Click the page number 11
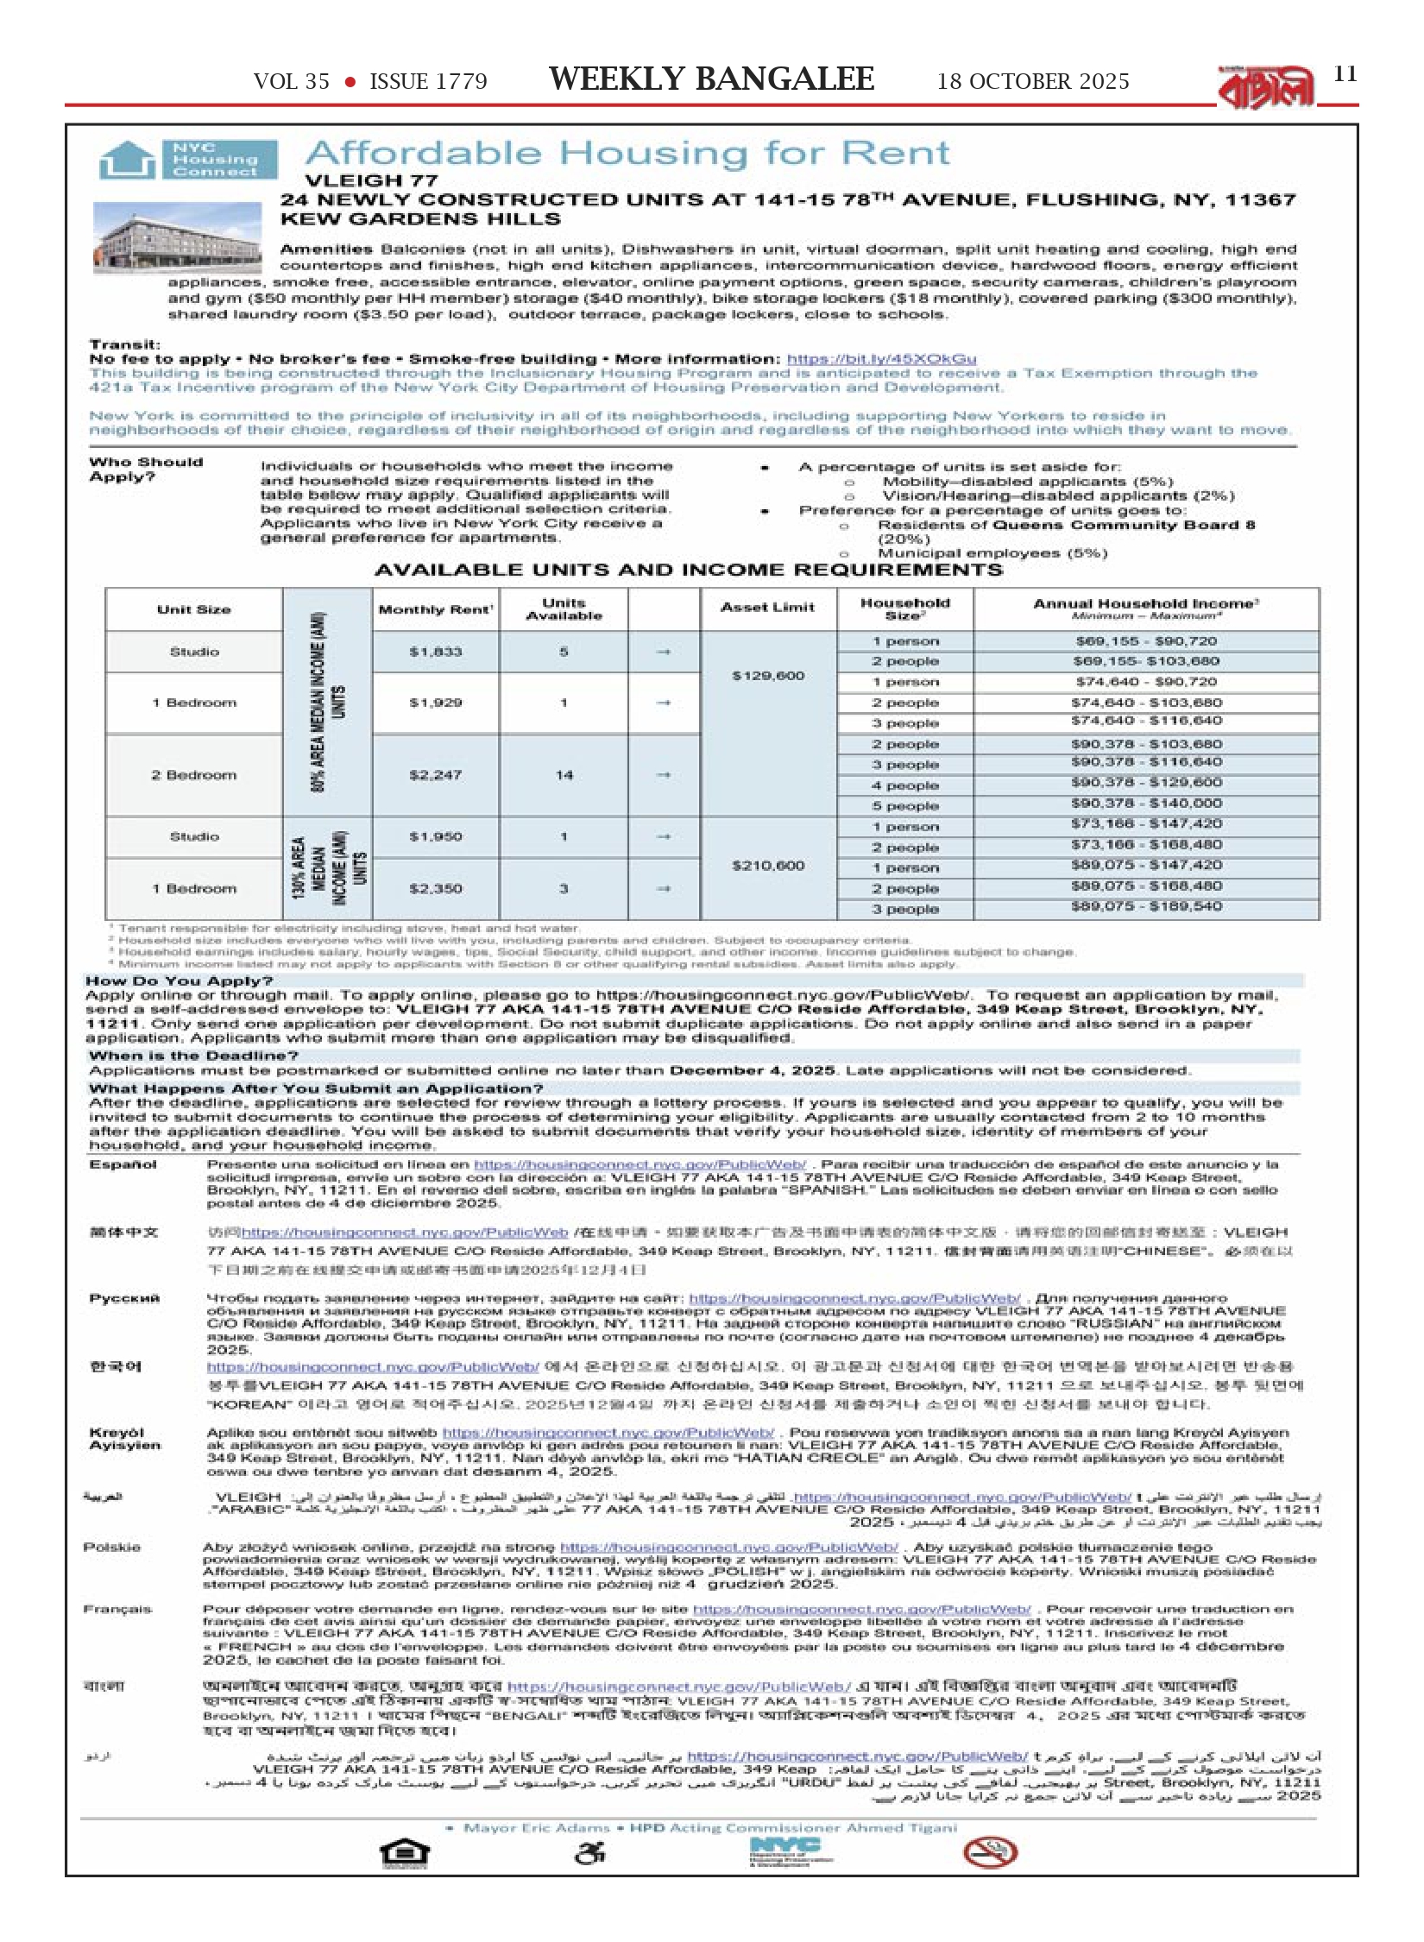click(1345, 74)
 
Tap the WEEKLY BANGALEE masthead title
click(711, 79)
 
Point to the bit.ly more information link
click(881, 359)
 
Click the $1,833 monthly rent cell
click(435, 653)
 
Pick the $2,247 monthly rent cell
click(435, 775)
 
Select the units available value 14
click(564, 775)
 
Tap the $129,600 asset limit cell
click(768, 676)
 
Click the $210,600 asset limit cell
click(768, 866)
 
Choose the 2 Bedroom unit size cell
click(193, 775)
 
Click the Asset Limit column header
click(767, 608)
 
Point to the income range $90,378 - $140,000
click(1145, 804)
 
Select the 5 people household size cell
click(904, 806)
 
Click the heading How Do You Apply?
click(179, 980)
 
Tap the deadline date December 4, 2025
click(752, 1070)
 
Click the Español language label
click(123, 1165)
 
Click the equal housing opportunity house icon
click(405, 1854)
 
